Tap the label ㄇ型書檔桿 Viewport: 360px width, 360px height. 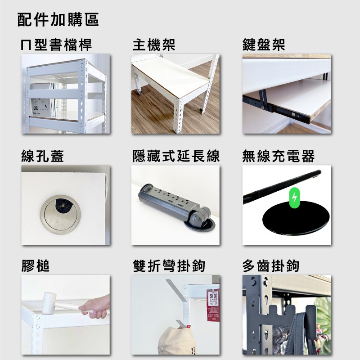click(56, 45)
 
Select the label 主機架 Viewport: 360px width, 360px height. click(153, 45)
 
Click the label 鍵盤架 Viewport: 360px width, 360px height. click(263, 45)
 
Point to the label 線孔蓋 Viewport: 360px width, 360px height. click(42, 156)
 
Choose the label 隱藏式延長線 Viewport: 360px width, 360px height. click(176, 156)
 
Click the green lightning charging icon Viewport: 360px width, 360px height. click(294, 198)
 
